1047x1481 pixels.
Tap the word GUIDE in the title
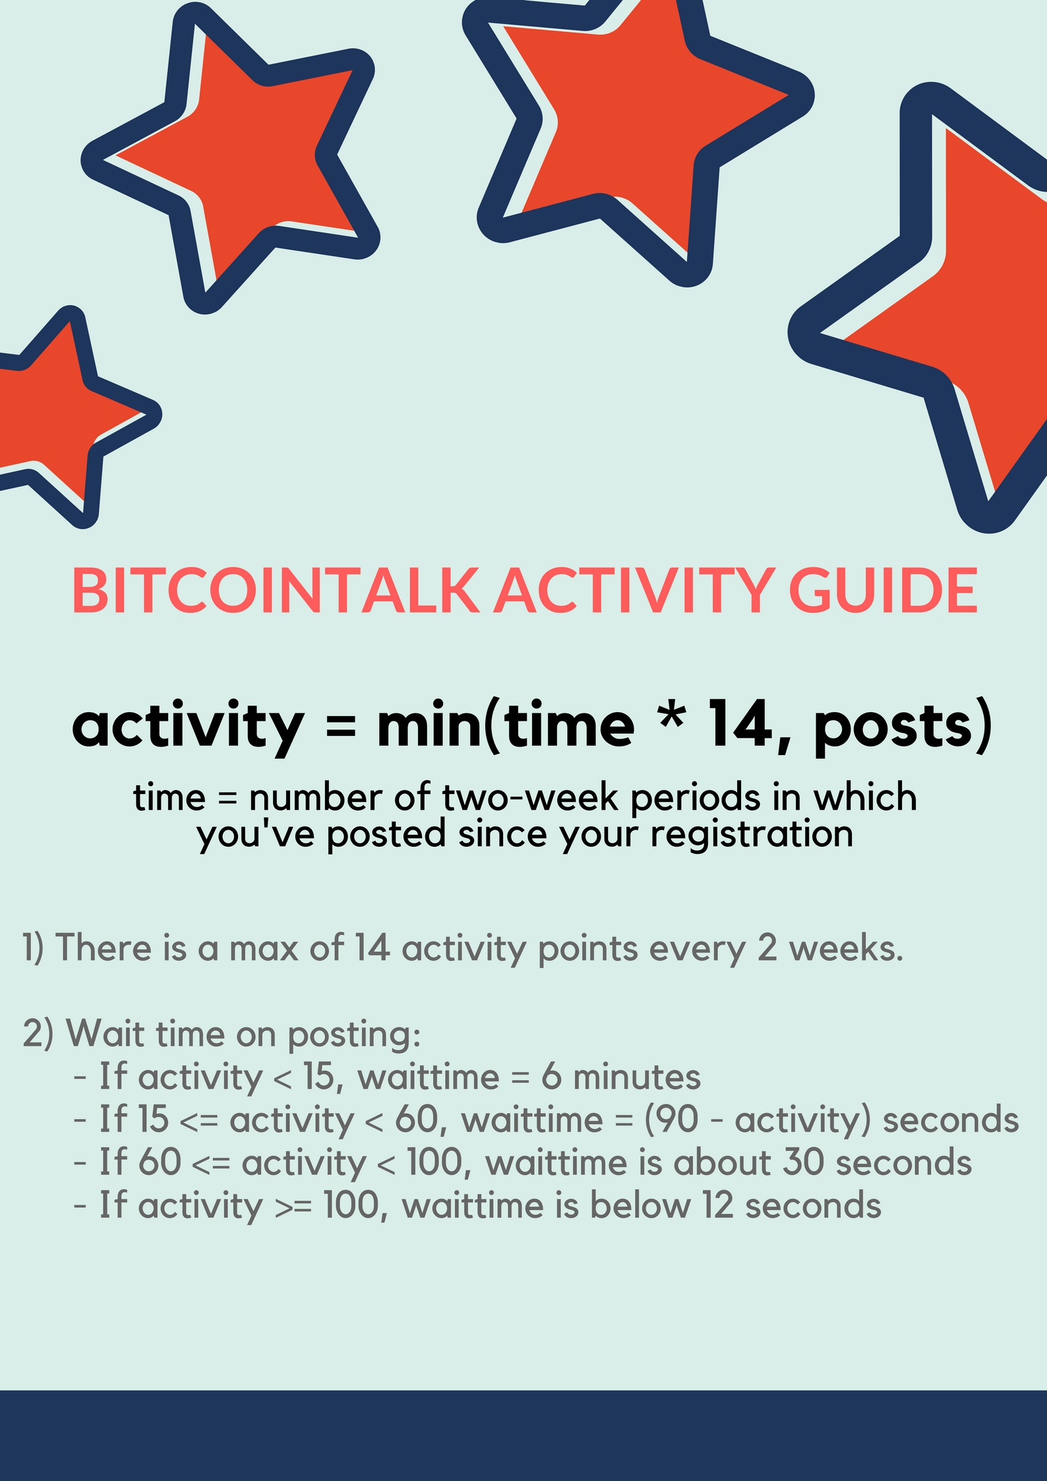coord(883,589)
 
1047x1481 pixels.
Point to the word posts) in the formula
coord(903,727)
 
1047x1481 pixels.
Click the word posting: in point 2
coord(354,1035)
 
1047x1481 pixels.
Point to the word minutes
coord(637,1077)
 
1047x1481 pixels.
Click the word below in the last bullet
coord(640,1205)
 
